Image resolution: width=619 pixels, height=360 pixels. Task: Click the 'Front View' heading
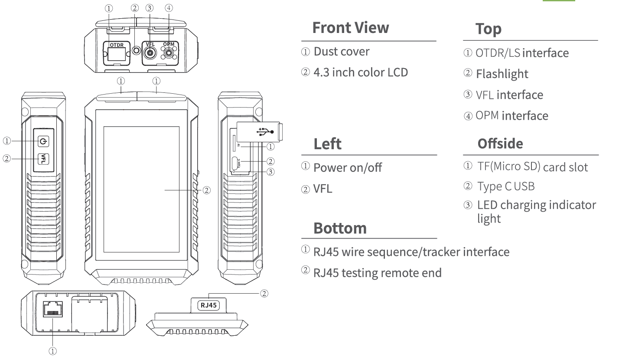[351, 28]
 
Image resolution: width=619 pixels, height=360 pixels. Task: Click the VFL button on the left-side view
[44, 159]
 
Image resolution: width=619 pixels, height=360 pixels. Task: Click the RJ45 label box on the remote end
[209, 305]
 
